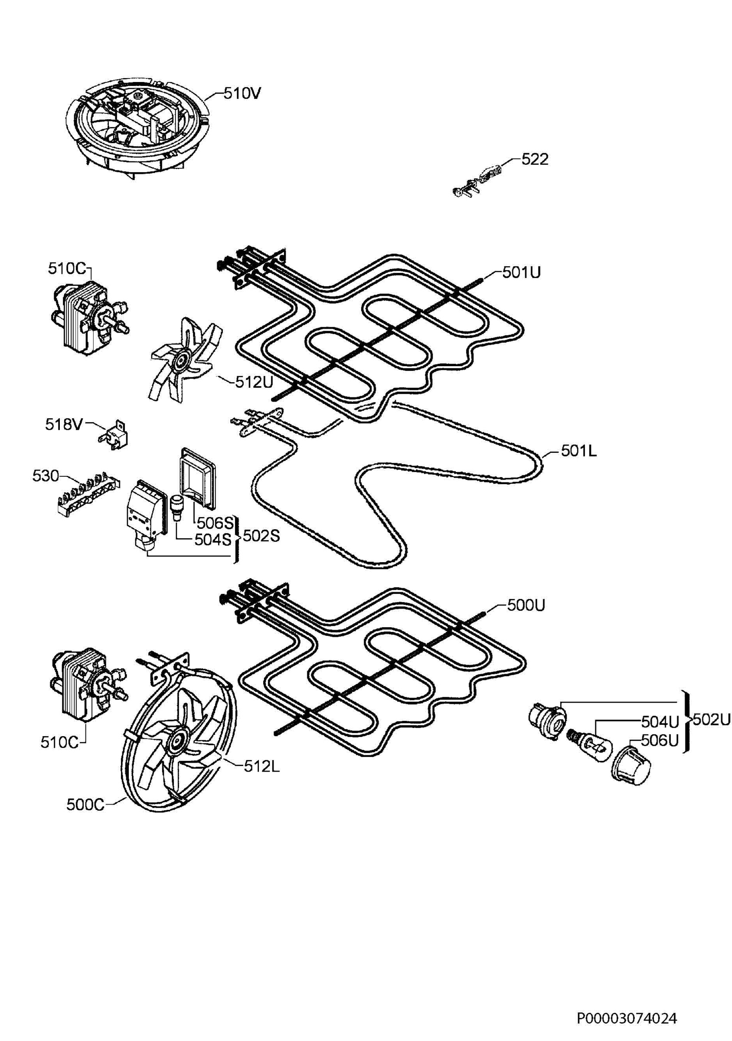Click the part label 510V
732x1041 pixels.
[x=242, y=93]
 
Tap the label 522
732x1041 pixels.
[x=535, y=159]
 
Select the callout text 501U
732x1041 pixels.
[x=521, y=272]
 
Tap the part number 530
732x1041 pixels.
[x=46, y=476]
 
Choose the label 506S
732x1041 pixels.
[x=214, y=523]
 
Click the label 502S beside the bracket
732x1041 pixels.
[x=261, y=537]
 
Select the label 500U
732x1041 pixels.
[x=526, y=605]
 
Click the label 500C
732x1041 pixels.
[x=85, y=805]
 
